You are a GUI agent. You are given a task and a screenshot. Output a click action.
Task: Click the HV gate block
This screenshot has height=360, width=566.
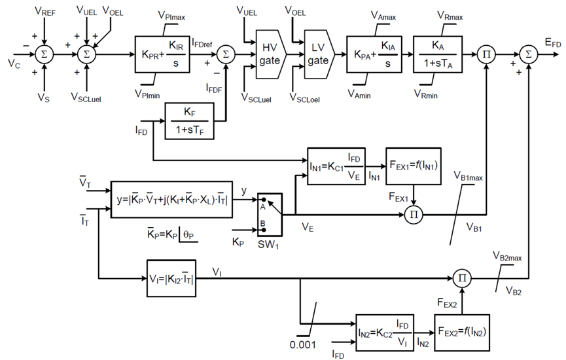[269, 54]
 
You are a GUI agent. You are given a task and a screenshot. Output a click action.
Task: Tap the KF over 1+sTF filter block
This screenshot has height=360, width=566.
[190, 122]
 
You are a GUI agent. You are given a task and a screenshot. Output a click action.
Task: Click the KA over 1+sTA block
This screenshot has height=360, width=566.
[438, 54]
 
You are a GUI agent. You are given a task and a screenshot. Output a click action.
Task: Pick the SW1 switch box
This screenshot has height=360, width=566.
[268, 213]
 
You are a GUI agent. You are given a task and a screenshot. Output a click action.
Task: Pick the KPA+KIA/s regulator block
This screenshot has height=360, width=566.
[372, 54]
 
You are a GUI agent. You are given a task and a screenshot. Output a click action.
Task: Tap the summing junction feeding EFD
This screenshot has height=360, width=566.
[529, 54]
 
